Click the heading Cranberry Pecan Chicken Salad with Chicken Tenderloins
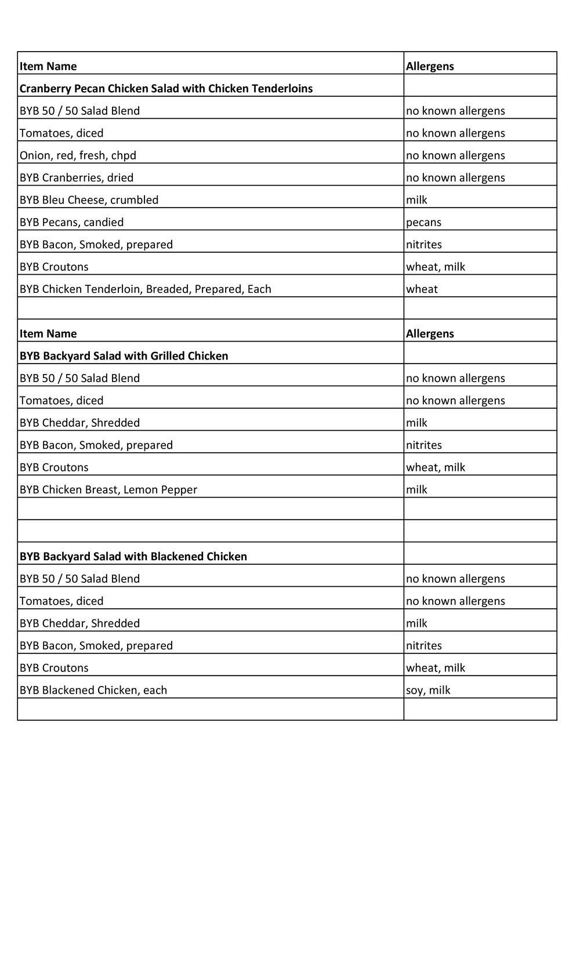click(166, 89)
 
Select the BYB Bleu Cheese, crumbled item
click(89, 200)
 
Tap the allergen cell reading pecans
click(423, 222)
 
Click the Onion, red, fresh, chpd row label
click(78, 155)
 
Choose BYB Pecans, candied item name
click(71, 222)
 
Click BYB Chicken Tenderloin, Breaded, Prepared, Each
click(145, 289)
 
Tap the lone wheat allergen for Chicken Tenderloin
click(422, 289)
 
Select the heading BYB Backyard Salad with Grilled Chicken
click(124, 356)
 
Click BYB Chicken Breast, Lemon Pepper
click(108, 489)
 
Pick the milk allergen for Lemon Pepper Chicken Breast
click(416, 489)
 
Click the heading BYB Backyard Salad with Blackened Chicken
click(133, 557)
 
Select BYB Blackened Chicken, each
click(93, 690)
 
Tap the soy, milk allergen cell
click(428, 690)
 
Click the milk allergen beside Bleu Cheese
click(416, 200)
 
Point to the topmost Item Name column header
click(48, 66)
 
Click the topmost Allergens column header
click(430, 66)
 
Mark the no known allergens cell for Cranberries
click(455, 177)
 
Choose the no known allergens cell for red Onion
click(455, 155)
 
